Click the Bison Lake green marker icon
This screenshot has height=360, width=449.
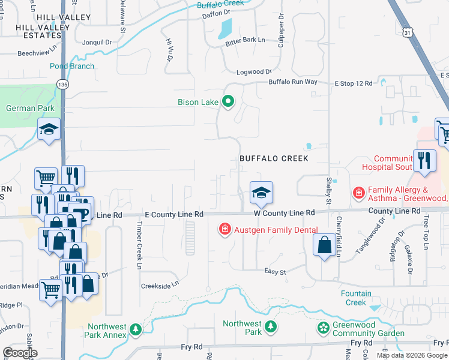click(x=228, y=101)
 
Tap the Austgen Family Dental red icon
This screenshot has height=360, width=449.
click(x=224, y=229)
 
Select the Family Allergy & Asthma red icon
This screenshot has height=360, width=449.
click(x=358, y=193)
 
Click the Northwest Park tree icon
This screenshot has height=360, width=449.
click(x=271, y=327)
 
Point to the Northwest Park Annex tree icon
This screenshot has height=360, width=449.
click(x=136, y=329)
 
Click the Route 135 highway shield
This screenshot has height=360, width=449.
click(x=63, y=85)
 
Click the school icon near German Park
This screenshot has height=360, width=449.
click(x=49, y=129)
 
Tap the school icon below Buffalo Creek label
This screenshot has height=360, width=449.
click(x=261, y=193)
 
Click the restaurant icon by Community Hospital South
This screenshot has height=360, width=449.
click(x=424, y=160)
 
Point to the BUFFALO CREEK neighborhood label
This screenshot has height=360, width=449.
click(x=274, y=158)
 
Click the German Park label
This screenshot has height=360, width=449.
click(x=30, y=109)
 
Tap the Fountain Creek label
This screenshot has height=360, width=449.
click(x=361, y=298)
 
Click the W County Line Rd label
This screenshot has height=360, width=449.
click(x=284, y=213)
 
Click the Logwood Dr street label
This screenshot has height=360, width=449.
click(x=250, y=71)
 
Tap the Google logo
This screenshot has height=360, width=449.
click(x=20, y=353)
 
